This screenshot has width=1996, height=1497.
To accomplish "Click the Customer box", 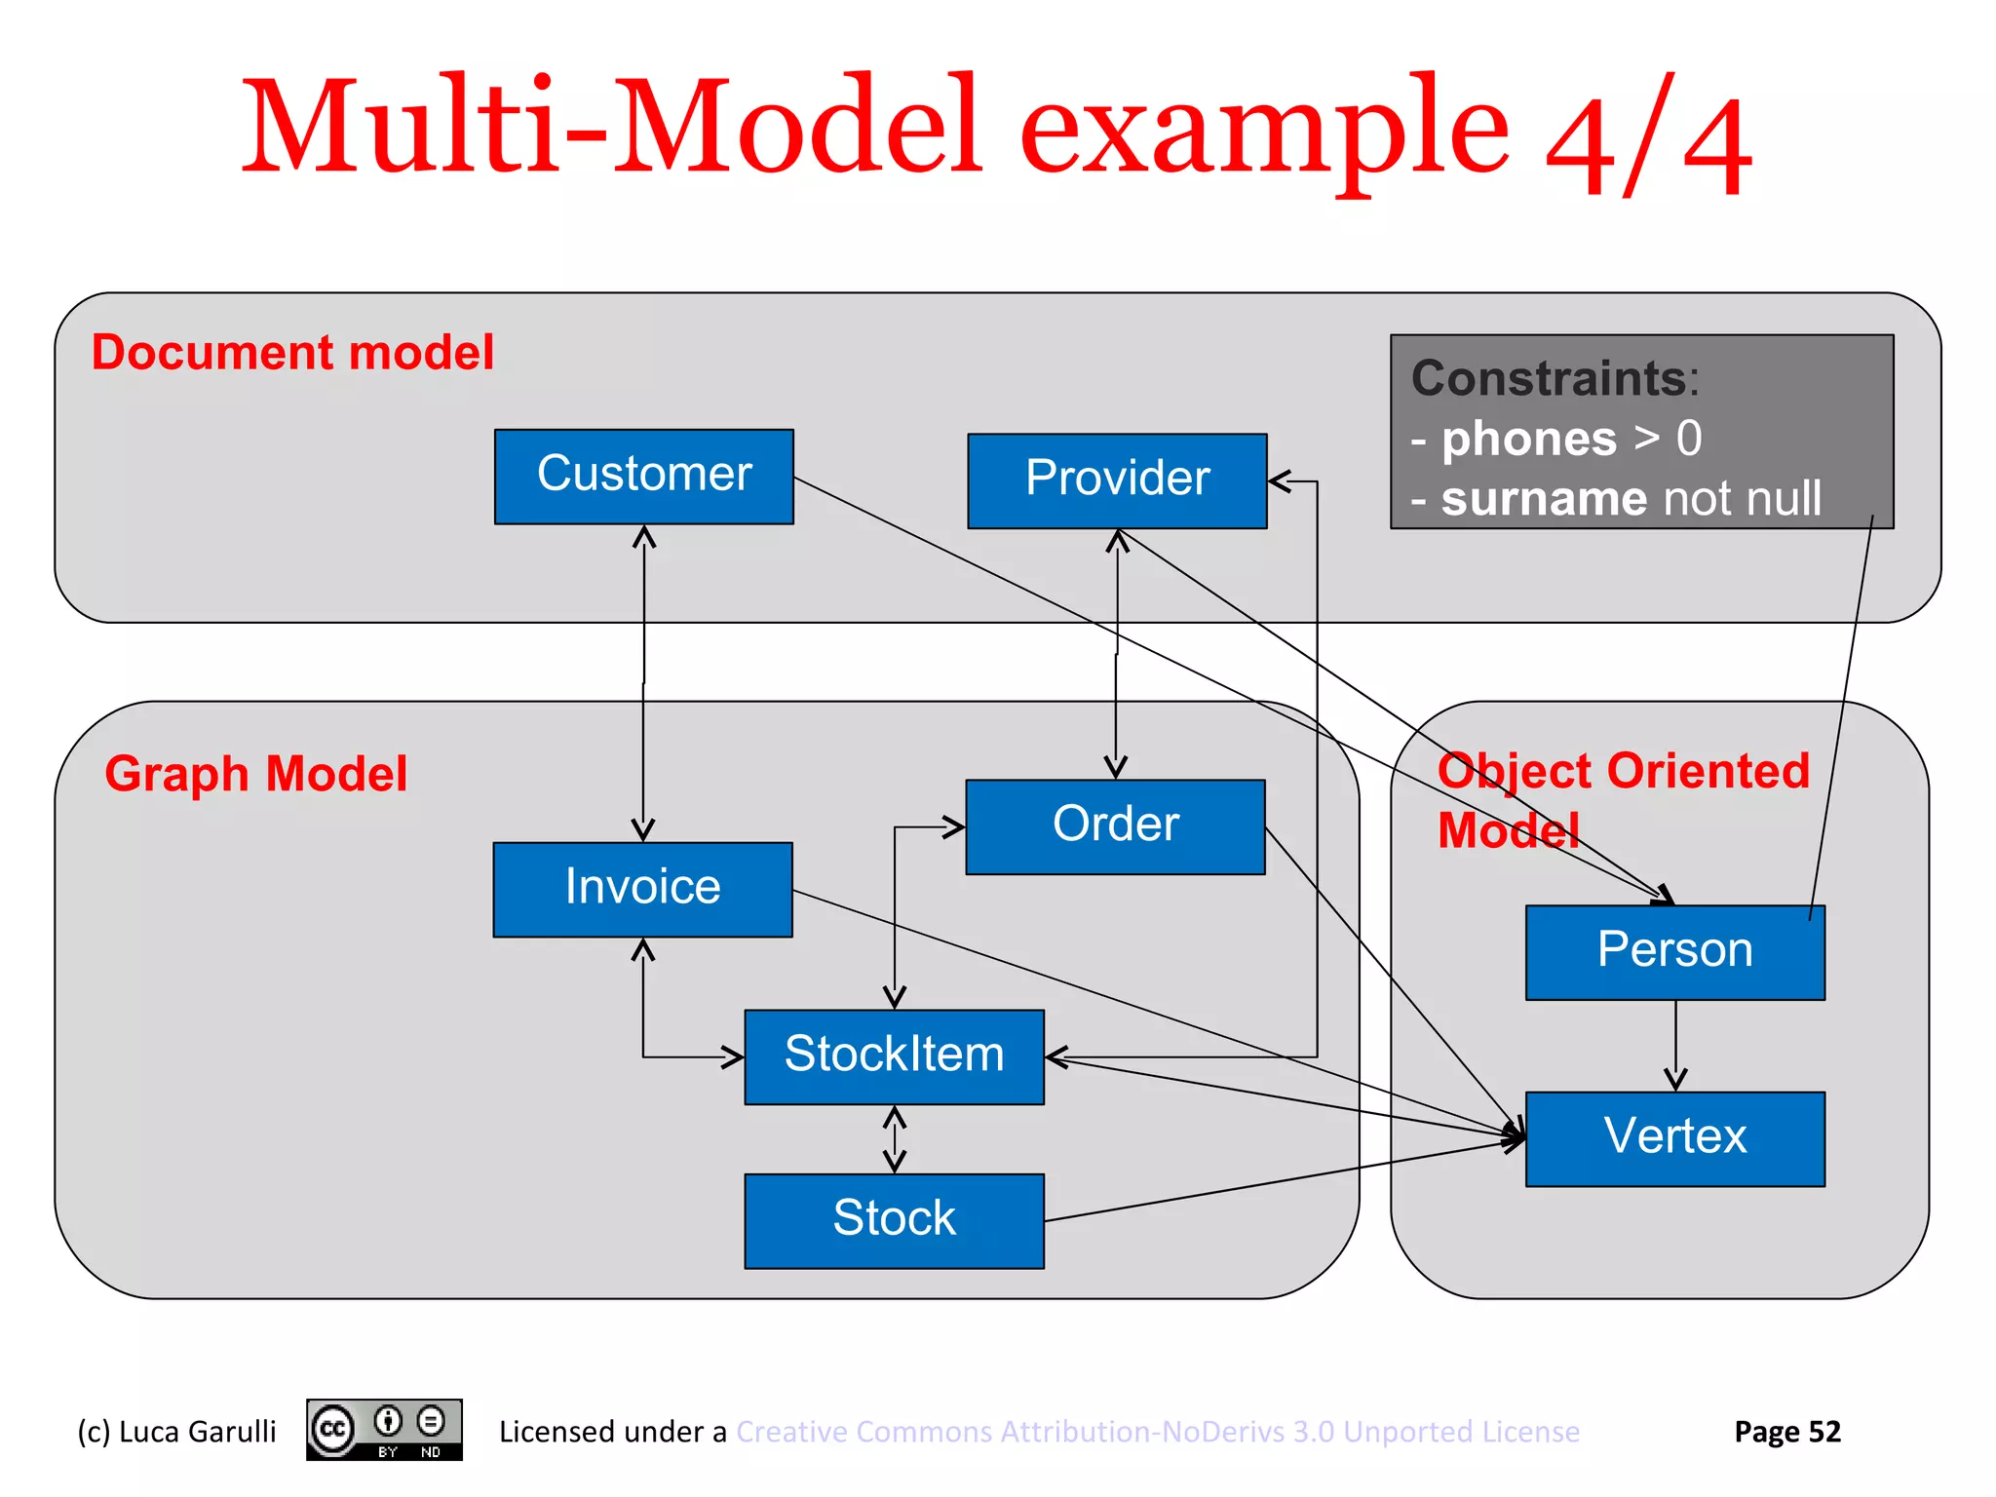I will [643, 477].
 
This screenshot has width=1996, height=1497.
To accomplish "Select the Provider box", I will [1117, 480].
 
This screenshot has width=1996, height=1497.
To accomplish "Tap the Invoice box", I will [642, 889].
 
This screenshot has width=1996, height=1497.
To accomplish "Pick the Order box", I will [1115, 826].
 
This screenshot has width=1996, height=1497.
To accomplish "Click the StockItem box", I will [894, 1056].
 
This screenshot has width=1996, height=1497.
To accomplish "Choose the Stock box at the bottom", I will [894, 1220].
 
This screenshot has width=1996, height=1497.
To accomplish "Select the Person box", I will [1674, 952].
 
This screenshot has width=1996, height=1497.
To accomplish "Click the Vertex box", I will [1674, 1138].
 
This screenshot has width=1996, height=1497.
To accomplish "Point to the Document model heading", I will [292, 353].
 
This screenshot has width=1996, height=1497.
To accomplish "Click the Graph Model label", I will [255, 774].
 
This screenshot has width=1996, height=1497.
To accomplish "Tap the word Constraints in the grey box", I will [1550, 378].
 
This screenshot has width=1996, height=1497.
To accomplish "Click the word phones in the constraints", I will [1529, 439].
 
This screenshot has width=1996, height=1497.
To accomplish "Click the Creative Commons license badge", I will [384, 1430].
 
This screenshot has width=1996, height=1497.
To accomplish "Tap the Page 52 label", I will [1786, 1432].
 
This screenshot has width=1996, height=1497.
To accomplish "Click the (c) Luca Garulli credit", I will [176, 1432].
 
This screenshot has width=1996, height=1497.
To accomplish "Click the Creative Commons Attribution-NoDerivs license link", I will [1157, 1432].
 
